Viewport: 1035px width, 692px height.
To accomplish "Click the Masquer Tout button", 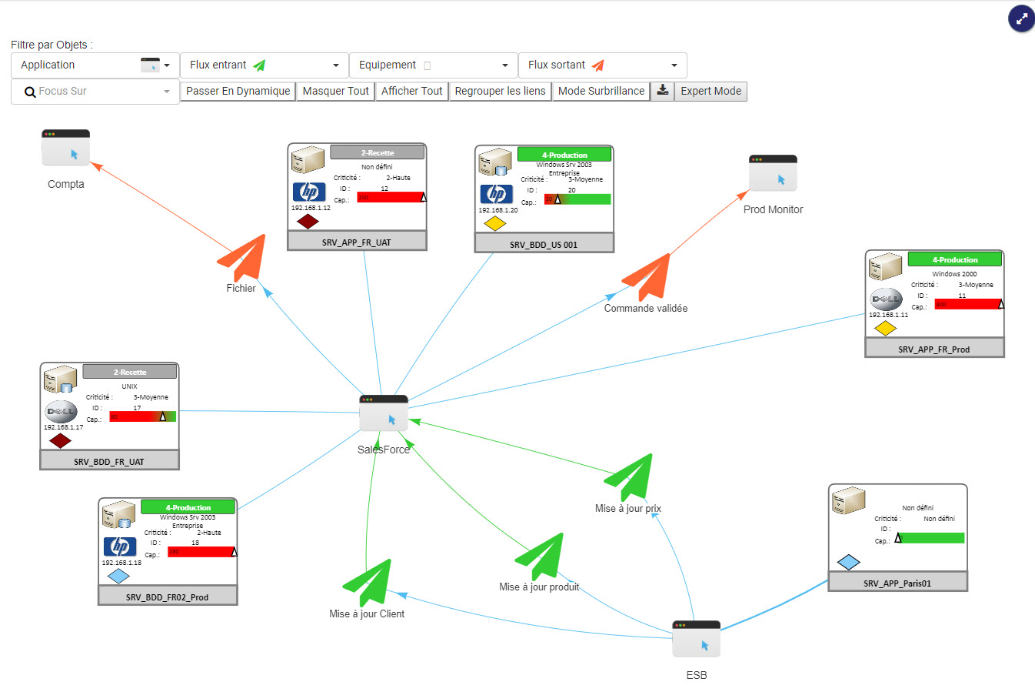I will (x=335, y=91).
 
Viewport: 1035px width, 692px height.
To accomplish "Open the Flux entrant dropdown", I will (x=264, y=65).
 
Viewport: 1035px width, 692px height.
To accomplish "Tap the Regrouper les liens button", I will (x=500, y=91).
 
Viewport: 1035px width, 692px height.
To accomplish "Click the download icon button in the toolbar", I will (x=662, y=91).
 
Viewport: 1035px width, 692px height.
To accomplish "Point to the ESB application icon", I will (x=696, y=639).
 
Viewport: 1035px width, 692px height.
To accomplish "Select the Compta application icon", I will (x=65, y=148).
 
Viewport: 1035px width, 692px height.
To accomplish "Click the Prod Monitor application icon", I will (x=773, y=173).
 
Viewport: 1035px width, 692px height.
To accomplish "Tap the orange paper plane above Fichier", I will (x=245, y=258).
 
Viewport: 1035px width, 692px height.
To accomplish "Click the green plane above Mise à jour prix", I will (x=631, y=476).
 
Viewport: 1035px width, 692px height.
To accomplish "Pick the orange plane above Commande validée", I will (x=648, y=276).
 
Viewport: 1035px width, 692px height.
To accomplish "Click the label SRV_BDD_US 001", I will (x=544, y=245).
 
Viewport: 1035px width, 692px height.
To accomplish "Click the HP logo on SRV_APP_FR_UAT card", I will (x=309, y=192).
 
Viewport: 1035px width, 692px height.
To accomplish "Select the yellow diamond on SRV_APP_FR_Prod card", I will (x=885, y=329).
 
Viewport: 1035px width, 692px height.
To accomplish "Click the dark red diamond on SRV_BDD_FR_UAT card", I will (x=60, y=441).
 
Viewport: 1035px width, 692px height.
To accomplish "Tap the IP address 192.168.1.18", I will (x=121, y=563).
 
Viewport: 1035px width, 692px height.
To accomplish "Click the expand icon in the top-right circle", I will (x=1021, y=19).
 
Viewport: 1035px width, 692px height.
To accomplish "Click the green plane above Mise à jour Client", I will (x=368, y=582).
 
